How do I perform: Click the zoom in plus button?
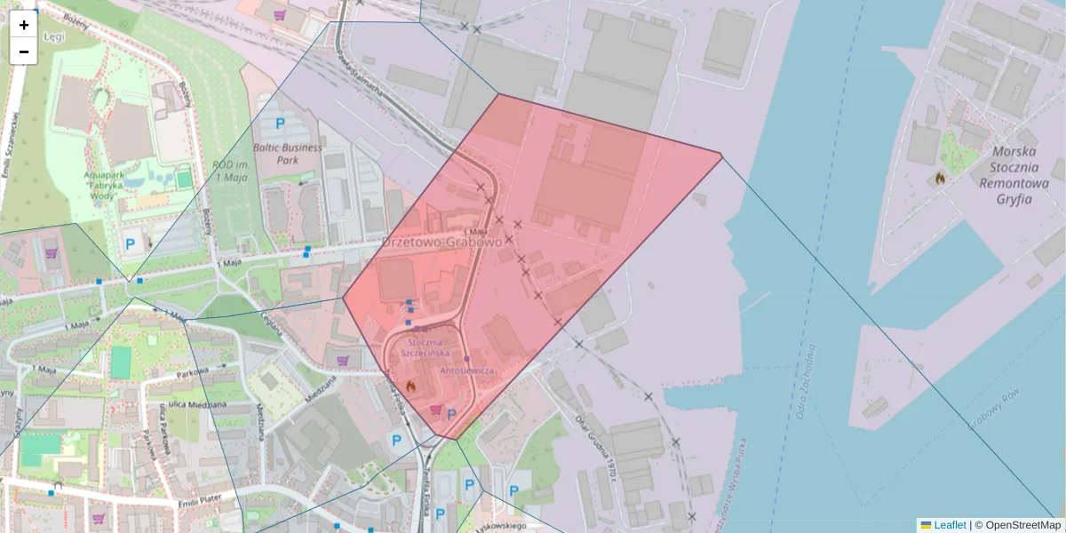point(23,25)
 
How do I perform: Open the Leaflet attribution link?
point(949,525)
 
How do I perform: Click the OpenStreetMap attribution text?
point(1022,525)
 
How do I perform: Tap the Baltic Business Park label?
point(288,154)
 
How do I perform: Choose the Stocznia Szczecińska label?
point(430,347)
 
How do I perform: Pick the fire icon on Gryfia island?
point(940,179)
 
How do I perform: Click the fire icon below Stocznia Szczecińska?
point(410,386)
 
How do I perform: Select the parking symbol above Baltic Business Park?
point(281,124)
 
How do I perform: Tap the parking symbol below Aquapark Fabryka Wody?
point(130,243)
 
